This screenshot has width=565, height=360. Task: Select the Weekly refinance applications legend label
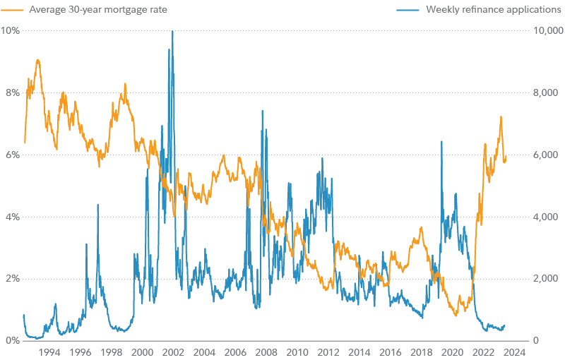coord(494,10)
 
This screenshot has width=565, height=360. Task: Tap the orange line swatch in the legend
coord(14,10)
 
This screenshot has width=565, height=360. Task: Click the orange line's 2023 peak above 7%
coord(501,117)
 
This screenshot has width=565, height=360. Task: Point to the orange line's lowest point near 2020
coord(456,315)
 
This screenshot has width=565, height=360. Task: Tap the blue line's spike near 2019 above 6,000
coord(441,142)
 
